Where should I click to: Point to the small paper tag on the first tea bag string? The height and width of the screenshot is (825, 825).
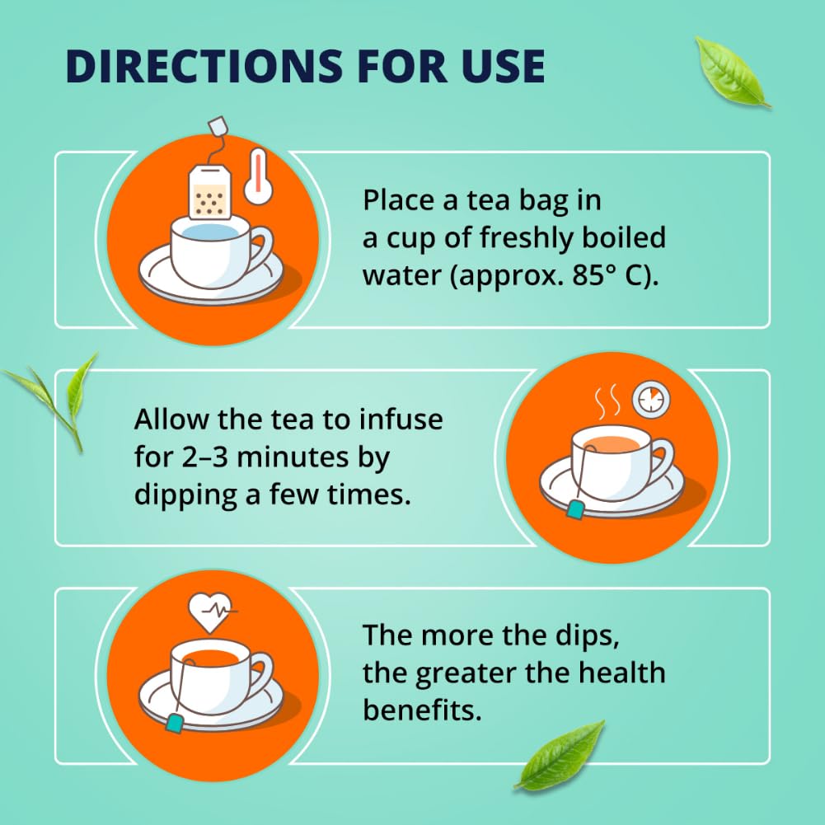click(218, 128)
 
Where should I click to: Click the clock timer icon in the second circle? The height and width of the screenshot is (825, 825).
click(650, 399)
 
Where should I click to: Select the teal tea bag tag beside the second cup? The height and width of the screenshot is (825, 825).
click(575, 512)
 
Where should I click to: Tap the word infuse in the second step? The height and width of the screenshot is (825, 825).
click(401, 420)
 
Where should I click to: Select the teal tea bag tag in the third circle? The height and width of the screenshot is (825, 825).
click(175, 723)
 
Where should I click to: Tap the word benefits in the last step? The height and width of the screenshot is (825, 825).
click(422, 710)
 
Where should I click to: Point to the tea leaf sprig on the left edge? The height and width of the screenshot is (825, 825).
click(62, 396)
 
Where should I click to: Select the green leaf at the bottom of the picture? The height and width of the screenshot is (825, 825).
click(560, 753)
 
